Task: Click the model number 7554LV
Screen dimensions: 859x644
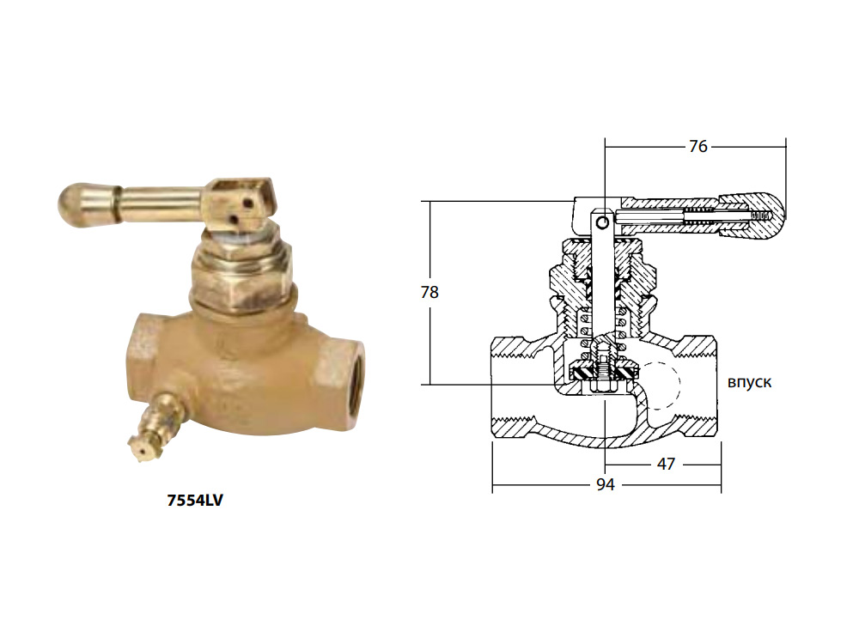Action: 195,501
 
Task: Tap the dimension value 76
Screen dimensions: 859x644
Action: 698,146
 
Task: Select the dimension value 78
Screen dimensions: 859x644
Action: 429,293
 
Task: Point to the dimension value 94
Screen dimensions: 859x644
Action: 605,484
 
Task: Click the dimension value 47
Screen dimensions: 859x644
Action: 666,464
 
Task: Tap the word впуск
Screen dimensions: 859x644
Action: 749,382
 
